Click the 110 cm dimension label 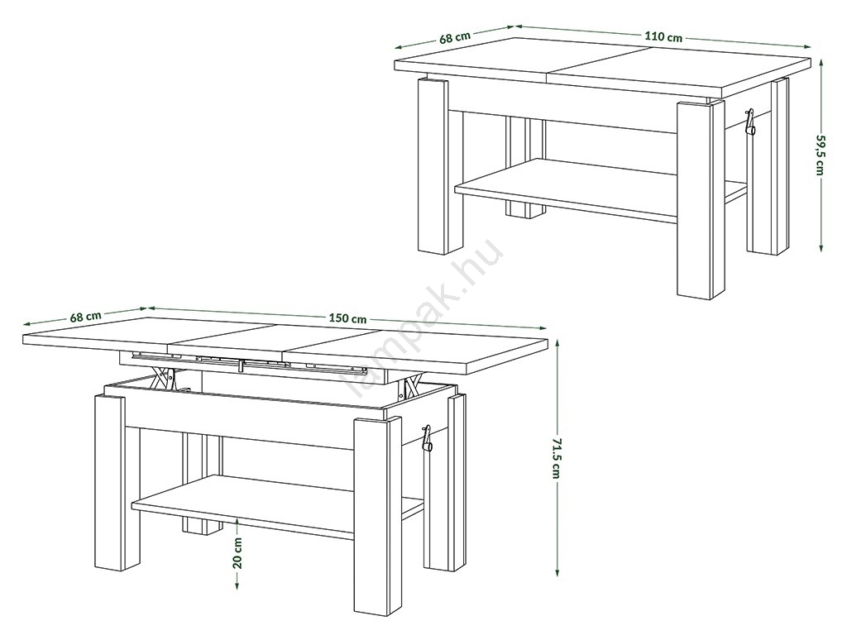tap(663, 36)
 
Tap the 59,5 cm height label tap(821, 155)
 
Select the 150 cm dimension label tap(347, 318)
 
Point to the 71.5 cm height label tap(557, 458)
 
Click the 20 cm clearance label tap(237, 551)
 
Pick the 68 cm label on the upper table tap(455, 38)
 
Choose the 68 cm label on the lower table tap(85, 317)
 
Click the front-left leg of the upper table tap(433, 165)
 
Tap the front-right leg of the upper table tap(701, 199)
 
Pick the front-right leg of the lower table tap(378, 516)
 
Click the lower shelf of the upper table tap(594, 189)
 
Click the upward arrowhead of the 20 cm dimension tap(237, 523)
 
